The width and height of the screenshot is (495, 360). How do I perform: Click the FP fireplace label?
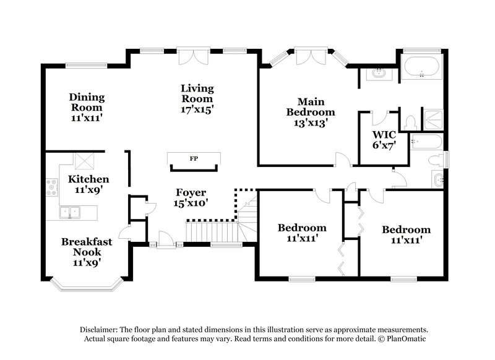coord(194,159)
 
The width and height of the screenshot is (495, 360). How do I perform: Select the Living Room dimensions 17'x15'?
coord(197,109)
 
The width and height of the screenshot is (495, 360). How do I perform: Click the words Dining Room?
coord(87,102)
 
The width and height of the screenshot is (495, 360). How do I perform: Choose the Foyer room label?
coord(192,192)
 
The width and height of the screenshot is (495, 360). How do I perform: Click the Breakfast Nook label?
coord(87,247)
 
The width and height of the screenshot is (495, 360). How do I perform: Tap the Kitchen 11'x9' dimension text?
coord(89,190)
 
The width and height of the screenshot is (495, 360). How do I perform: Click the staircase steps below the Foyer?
coord(211,232)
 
